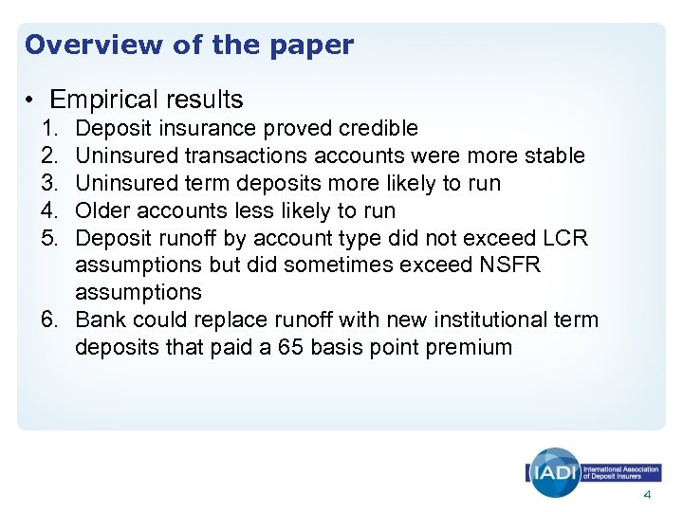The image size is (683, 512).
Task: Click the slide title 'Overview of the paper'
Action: click(x=189, y=45)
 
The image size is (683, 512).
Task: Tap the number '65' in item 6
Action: click(x=291, y=347)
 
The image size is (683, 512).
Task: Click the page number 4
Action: click(x=647, y=496)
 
